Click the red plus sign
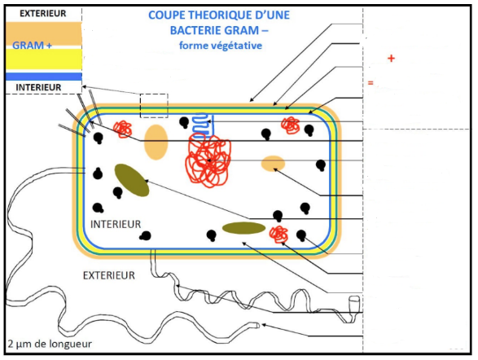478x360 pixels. click(x=391, y=58)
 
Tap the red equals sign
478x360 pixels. click(x=371, y=82)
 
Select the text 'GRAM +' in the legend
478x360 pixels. click(x=32, y=46)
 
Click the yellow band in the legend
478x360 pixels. click(x=44, y=59)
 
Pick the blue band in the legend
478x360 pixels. click(x=44, y=77)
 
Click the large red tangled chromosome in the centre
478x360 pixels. click(x=208, y=161)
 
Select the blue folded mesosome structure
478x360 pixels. click(x=203, y=124)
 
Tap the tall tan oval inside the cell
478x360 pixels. click(x=156, y=142)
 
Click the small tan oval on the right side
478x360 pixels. click(x=273, y=164)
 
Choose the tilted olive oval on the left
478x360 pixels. click(x=132, y=180)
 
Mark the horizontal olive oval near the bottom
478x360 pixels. click(x=243, y=228)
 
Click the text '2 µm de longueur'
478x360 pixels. click(x=50, y=345)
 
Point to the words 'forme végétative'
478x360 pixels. click(x=221, y=46)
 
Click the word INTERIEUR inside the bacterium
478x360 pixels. click(x=116, y=224)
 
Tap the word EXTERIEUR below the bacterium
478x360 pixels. click(x=109, y=275)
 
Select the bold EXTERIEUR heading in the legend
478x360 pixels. click(x=43, y=13)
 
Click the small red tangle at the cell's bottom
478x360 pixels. click(x=278, y=234)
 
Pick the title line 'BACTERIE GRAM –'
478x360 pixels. click(x=219, y=30)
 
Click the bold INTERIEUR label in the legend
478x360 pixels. click(x=38, y=87)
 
